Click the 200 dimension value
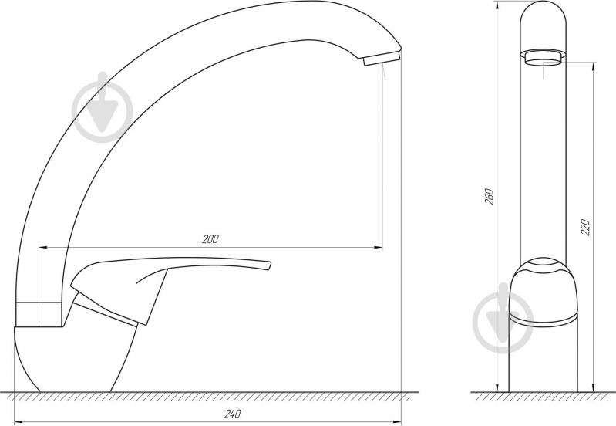tap(210, 239)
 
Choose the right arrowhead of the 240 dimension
tap(399, 421)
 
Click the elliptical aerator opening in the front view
tap(547, 59)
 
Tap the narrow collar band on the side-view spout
tap(37, 313)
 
